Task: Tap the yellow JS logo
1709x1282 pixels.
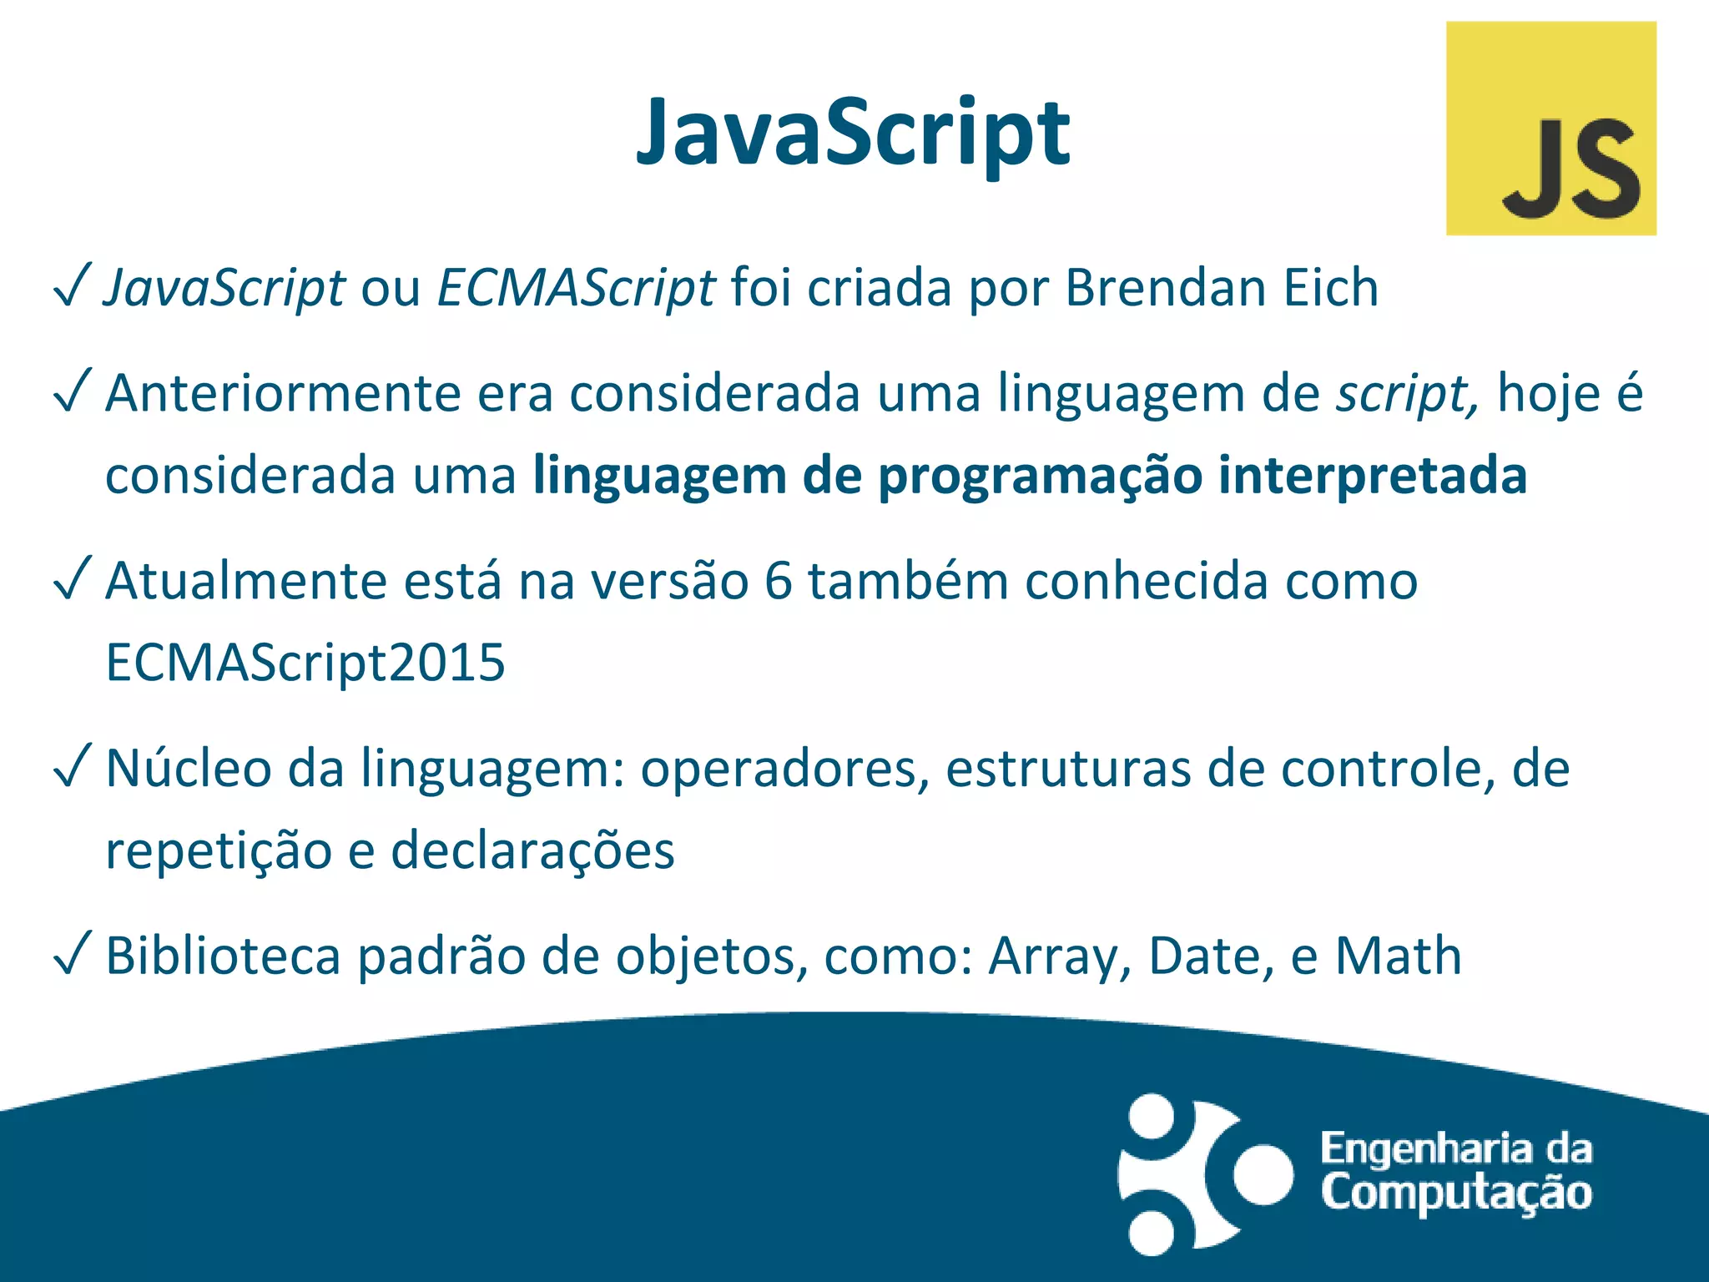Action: click(1550, 128)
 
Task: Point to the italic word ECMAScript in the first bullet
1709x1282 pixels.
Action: click(576, 288)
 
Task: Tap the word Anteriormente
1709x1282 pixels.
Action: click(283, 393)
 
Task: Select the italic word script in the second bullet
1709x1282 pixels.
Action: click(1407, 393)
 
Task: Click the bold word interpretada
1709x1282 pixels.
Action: click(1372, 476)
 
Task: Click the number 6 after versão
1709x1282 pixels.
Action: click(778, 581)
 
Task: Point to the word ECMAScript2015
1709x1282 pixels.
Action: click(305, 663)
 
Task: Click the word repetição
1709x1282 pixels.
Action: click(219, 850)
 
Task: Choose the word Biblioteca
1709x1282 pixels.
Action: click(223, 956)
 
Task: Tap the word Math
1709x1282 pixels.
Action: click(1398, 956)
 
